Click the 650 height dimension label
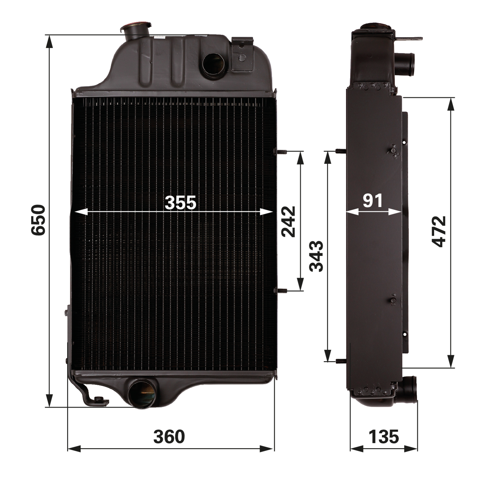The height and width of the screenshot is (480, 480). [x=38, y=220]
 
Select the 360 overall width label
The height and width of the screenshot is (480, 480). [x=169, y=436]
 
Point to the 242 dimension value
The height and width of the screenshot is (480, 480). [x=288, y=221]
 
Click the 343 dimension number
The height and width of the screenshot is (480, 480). [x=316, y=256]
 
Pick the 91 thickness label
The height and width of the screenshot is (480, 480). [x=373, y=201]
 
